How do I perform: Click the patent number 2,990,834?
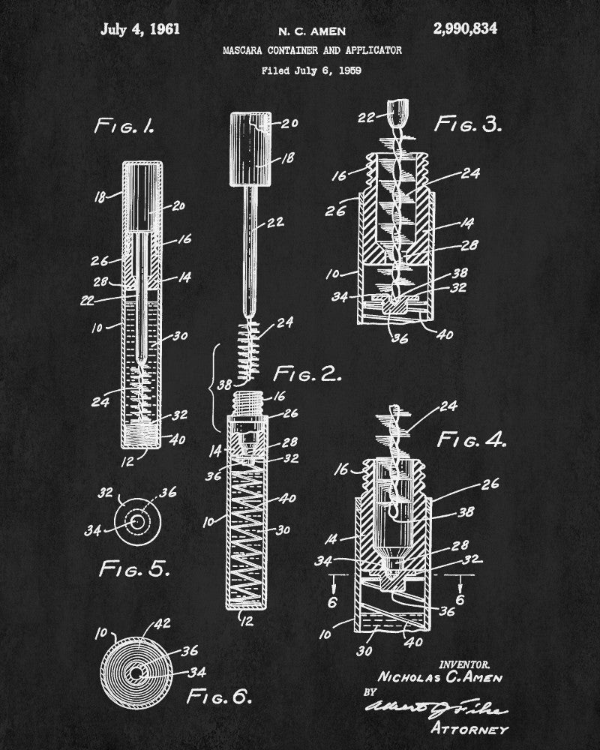click(465, 30)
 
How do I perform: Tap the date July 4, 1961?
click(140, 30)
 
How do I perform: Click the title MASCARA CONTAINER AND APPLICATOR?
click(312, 50)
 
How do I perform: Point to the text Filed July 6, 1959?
click(312, 71)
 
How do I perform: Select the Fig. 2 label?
click(307, 373)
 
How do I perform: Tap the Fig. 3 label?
click(468, 124)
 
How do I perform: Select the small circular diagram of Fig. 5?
click(137, 520)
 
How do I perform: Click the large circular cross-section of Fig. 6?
click(134, 672)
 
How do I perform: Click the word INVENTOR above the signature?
click(465, 664)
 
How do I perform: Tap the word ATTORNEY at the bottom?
click(470, 728)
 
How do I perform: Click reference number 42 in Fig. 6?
click(161, 622)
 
